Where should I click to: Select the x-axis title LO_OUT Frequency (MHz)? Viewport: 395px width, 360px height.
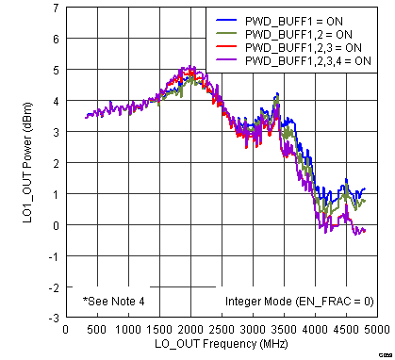[222, 346]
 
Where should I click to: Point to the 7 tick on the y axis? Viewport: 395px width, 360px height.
[55, 8]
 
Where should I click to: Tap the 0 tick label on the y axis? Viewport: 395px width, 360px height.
[55, 225]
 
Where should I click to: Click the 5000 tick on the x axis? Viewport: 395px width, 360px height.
[378, 330]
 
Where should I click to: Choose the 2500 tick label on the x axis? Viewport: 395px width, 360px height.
[222, 330]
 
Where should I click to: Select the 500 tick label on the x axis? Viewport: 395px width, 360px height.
[96, 330]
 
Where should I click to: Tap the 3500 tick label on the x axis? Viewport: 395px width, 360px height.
[284, 330]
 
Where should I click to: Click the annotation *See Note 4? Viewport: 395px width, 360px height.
[121, 302]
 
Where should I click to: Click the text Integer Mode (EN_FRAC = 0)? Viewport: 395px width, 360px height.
[299, 302]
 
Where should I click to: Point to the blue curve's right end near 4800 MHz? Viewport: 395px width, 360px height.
[365, 189]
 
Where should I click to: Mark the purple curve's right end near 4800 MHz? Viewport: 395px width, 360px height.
[365, 230]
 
